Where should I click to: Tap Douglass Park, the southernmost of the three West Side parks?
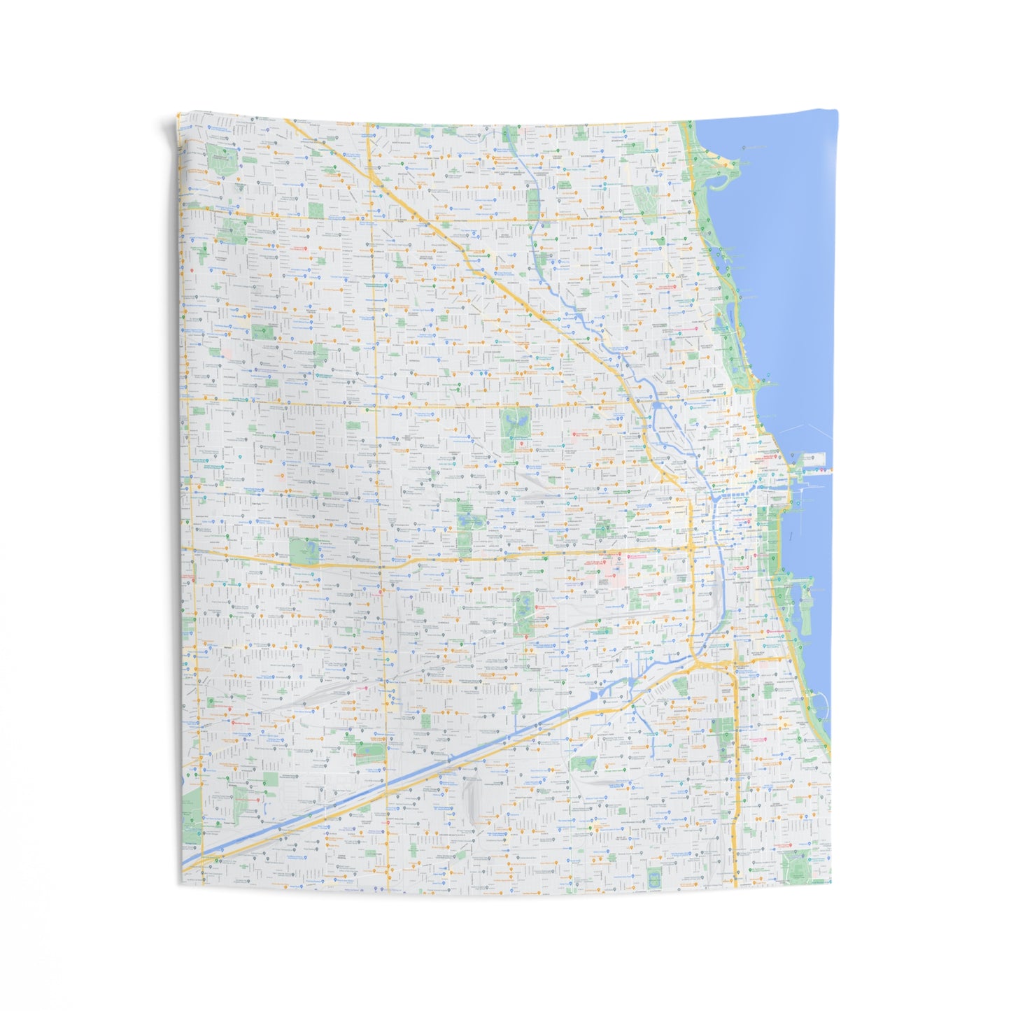(523, 613)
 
